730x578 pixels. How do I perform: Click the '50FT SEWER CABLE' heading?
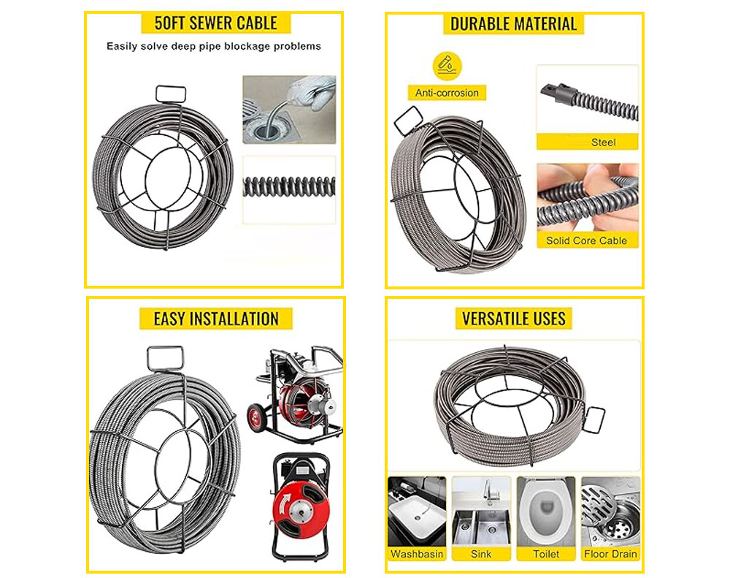coord(215,23)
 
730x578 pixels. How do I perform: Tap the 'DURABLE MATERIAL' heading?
coord(513,24)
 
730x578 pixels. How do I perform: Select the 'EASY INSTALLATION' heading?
coord(216,319)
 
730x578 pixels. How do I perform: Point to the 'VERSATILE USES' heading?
coord(513,319)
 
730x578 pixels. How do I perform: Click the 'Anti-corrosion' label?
coord(447,93)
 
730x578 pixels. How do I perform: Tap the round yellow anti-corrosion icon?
coord(447,66)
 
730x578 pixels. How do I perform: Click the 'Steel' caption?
coord(604,142)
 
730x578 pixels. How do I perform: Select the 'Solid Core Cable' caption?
coord(587,240)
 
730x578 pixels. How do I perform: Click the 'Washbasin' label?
coord(417,554)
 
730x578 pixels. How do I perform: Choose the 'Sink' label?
coord(481,554)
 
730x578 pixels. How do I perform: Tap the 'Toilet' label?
coord(546,554)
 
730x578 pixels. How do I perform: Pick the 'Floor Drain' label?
coord(610,554)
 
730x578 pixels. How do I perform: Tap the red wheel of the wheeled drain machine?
coord(255,418)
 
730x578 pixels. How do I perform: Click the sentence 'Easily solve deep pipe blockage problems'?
coord(214,46)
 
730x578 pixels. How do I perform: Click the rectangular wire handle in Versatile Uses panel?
coord(593,419)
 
